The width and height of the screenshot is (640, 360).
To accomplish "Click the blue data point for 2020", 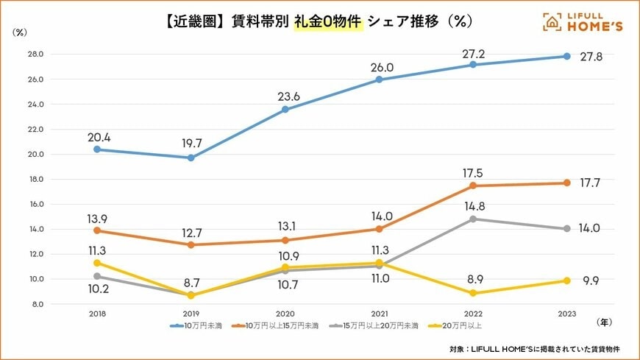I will point(285,110).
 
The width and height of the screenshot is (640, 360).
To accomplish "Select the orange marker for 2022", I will point(472,186).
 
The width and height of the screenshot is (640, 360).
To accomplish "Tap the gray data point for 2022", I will point(472,219).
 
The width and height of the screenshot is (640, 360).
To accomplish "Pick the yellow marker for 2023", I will point(566,280).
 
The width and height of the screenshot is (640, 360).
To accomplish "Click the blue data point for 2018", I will point(97,149).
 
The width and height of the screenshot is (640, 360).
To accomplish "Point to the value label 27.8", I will point(591,57).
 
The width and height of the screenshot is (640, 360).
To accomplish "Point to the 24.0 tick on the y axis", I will point(35,104).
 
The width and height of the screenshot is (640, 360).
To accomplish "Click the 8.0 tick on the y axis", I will point(37,304).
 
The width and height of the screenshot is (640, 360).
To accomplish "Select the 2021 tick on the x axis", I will point(379,314).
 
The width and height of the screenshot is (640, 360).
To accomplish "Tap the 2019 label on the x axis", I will point(191,314).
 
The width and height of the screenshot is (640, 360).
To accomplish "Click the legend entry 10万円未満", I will point(201,325).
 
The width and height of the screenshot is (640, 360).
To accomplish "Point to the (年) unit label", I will point(604,321).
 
